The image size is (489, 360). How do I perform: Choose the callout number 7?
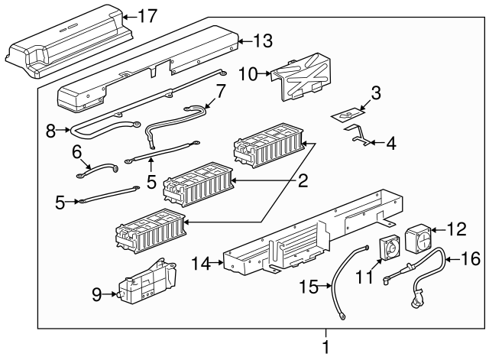tap(221, 92)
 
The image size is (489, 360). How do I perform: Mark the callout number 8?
tap(52, 130)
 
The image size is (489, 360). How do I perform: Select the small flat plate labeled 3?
tap(348, 115)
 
